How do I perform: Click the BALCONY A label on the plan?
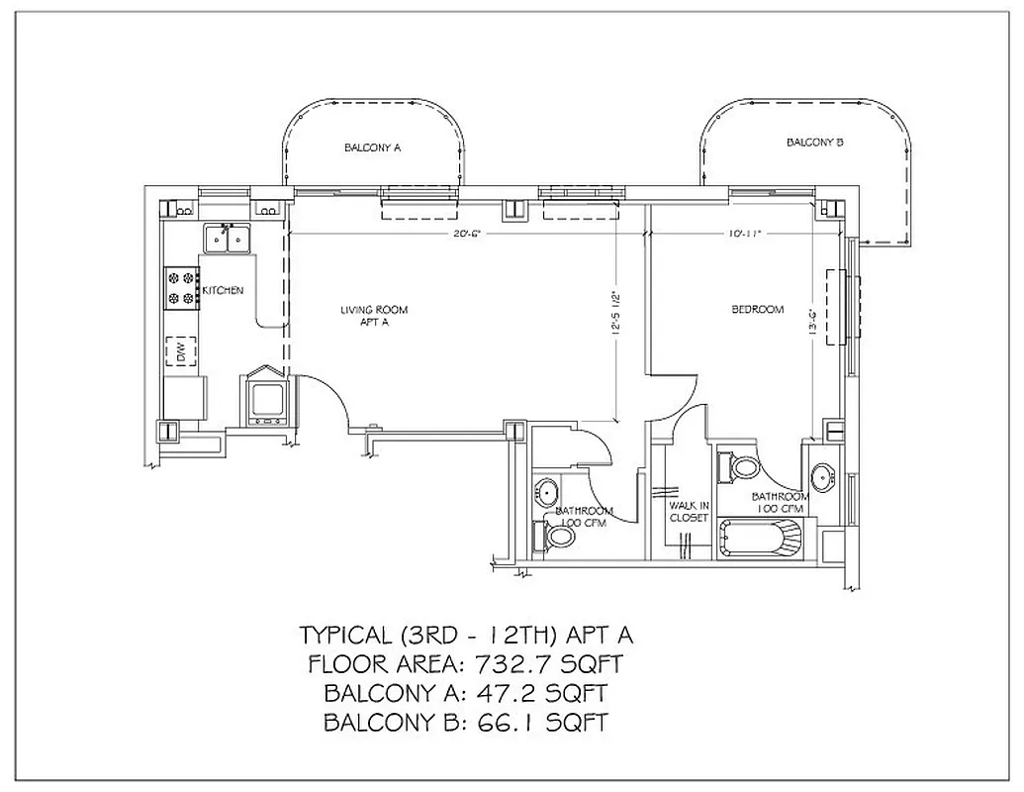pyautogui.click(x=372, y=148)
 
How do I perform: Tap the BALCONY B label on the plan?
pyautogui.click(x=814, y=143)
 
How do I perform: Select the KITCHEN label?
pyautogui.click(x=223, y=290)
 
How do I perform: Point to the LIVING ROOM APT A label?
pyautogui.click(x=374, y=316)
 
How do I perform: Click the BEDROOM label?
pyautogui.click(x=757, y=310)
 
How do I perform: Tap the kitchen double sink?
pyautogui.click(x=229, y=239)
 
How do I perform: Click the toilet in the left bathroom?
pyautogui.click(x=558, y=537)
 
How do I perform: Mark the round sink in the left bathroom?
pyautogui.click(x=547, y=490)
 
